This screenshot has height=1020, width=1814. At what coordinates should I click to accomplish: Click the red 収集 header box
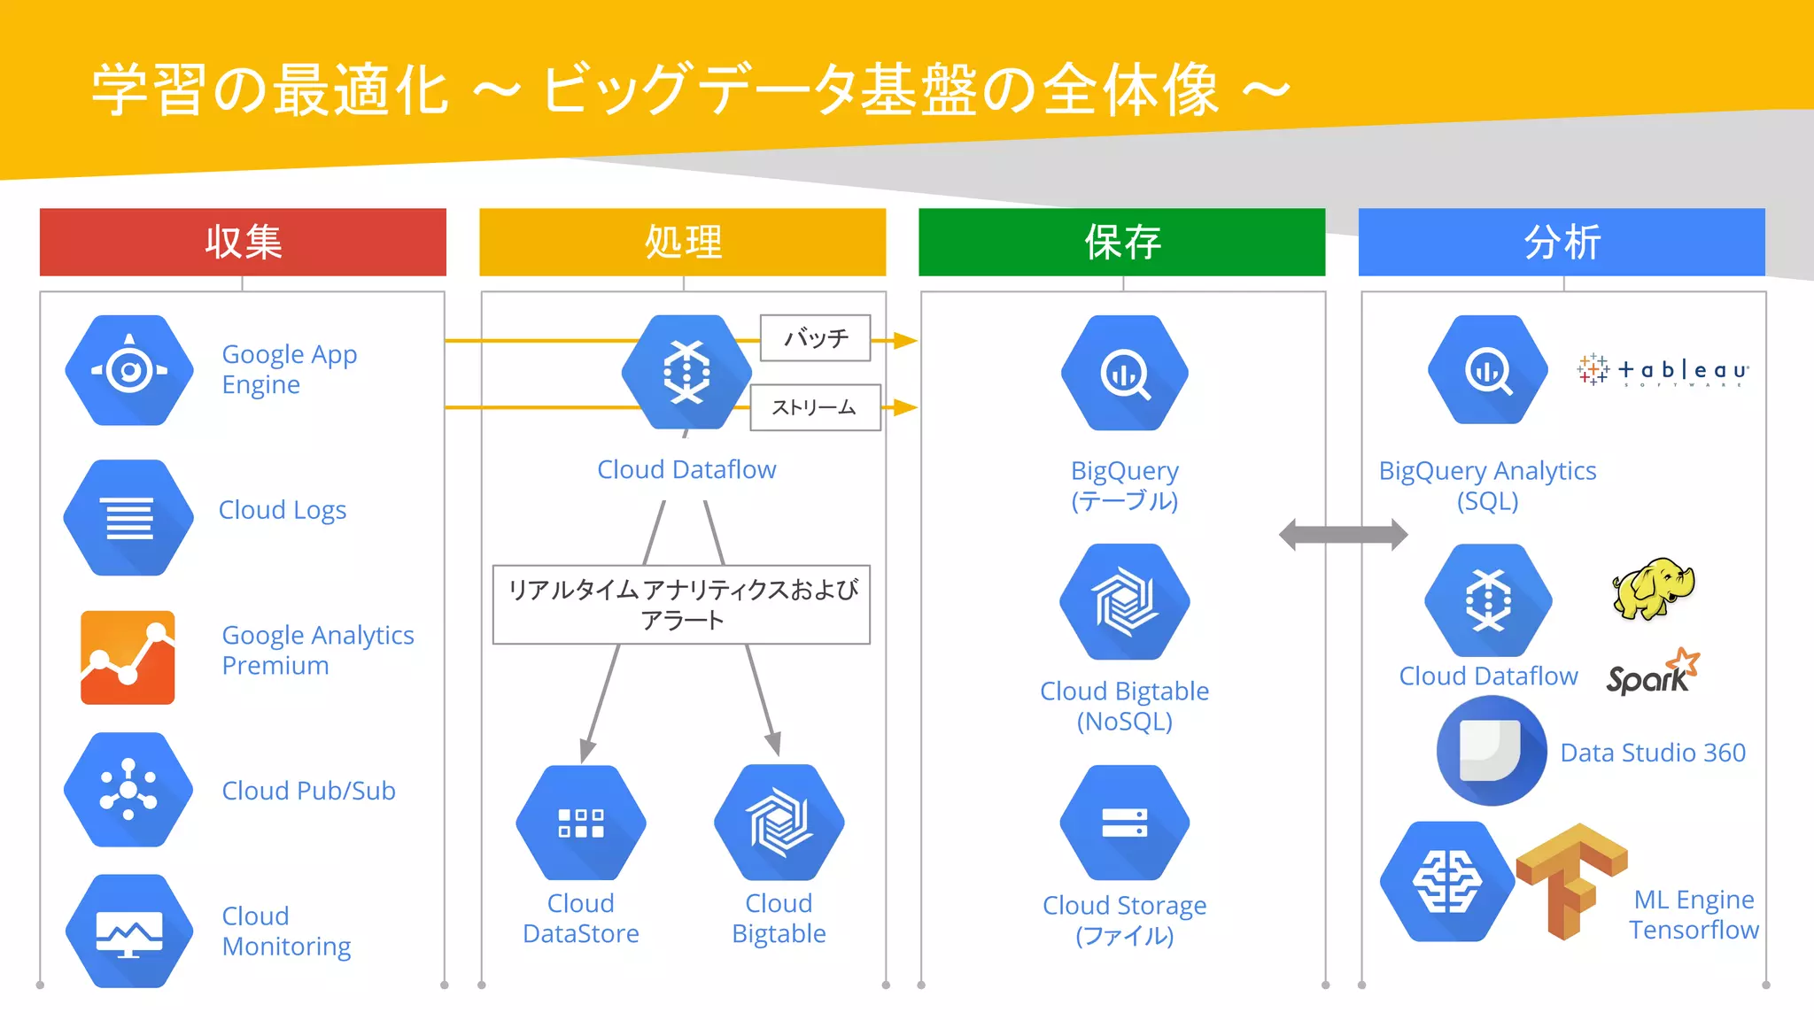[x=243, y=242]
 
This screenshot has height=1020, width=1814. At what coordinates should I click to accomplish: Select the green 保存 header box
[x=1121, y=242]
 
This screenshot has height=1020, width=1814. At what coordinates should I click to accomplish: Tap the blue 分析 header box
[x=1561, y=242]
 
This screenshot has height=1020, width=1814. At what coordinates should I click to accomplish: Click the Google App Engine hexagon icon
[x=129, y=370]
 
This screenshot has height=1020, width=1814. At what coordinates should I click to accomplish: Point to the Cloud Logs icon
[x=129, y=517]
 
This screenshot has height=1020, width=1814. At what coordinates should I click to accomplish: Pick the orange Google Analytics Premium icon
[x=128, y=657]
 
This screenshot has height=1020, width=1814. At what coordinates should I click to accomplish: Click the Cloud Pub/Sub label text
[x=308, y=791]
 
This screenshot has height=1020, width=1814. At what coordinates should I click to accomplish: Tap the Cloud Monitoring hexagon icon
[x=129, y=931]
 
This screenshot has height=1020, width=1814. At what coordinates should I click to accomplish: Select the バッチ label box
[x=815, y=338]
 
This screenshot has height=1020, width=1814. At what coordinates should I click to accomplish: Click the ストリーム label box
[x=815, y=407]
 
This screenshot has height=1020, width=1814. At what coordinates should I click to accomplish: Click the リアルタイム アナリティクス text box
[x=681, y=605]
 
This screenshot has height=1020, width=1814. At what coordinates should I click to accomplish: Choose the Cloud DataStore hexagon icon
[x=581, y=823]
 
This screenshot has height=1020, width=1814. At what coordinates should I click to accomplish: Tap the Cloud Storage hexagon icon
[x=1124, y=823]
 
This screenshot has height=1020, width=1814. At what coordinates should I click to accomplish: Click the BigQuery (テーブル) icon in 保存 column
[x=1124, y=373]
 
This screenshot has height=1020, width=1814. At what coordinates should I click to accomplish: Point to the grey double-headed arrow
[x=1343, y=534]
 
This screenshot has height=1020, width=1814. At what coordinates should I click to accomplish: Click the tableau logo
[x=1663, y=370]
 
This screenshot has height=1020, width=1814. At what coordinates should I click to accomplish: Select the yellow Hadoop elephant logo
[x=1653, y=588]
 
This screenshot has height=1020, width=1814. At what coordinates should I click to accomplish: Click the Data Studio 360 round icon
[x=1492, y=751]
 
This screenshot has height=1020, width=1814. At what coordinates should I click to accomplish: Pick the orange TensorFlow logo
[x=1570, y=879]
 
